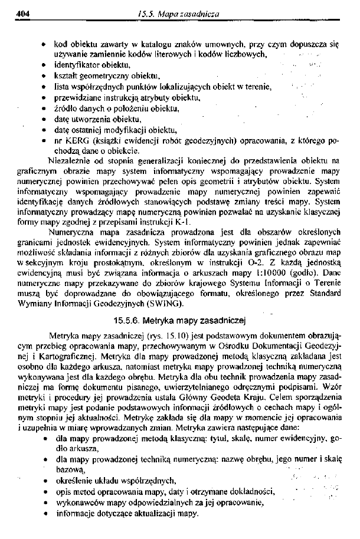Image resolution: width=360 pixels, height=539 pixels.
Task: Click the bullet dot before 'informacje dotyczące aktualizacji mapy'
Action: point(45,514)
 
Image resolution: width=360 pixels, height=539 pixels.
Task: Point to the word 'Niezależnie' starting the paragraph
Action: point(71,160)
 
